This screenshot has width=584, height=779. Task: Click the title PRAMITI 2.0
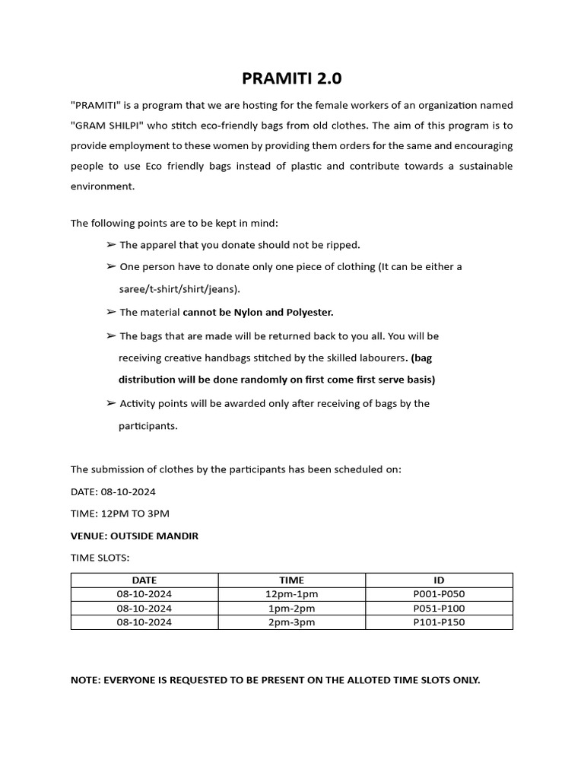[292, 78]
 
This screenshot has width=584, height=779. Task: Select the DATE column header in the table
[144, 580]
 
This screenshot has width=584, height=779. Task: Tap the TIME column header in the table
[291, 580]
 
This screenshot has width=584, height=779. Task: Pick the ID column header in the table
[439, 580]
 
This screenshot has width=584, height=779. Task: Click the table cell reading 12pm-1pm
[291, 594]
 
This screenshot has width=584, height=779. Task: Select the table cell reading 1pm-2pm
[291, 608]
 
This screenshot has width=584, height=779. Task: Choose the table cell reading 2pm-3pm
[291, 622]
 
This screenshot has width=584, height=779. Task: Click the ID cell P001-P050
[439, 594]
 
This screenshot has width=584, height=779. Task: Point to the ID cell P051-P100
[439, 608]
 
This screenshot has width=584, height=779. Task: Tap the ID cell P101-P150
[439, 622]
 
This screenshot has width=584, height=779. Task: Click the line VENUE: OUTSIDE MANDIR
[135, 536]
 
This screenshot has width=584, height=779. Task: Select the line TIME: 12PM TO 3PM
[120, 514]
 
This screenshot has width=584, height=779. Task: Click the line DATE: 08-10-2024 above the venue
[113, 491]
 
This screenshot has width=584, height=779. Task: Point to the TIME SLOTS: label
[100, 558]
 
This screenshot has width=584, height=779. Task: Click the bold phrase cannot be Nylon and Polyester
[258, 312]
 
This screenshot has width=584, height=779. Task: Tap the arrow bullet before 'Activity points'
[112, 403]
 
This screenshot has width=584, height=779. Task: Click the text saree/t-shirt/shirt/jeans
[179, 289]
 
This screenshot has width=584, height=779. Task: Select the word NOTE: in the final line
[85, 680]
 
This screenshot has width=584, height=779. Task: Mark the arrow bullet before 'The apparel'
[112, 245]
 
